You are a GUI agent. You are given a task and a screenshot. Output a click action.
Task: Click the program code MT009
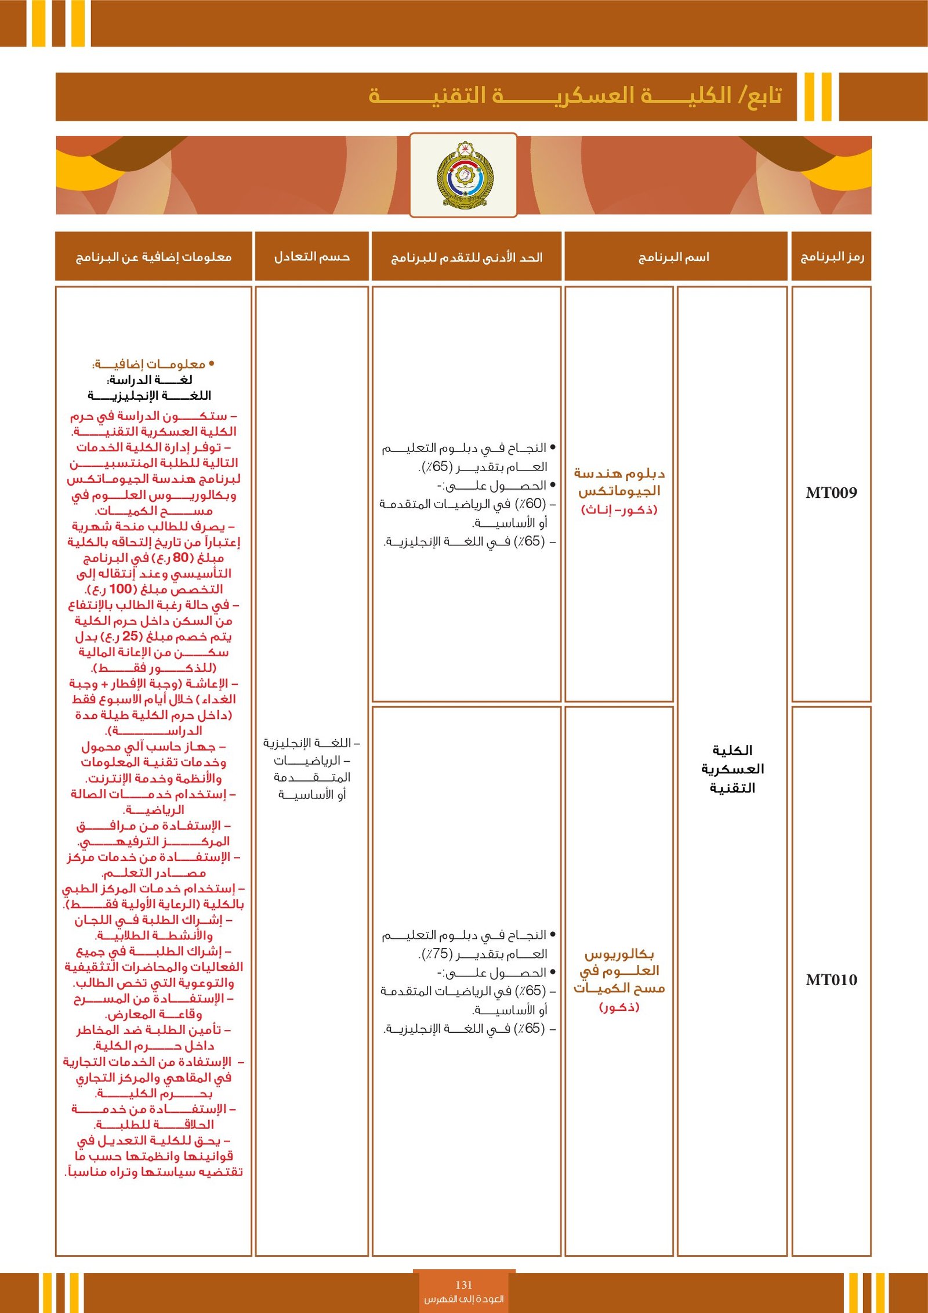[831, 493]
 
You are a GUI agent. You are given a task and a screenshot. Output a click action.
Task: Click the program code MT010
[831, 980]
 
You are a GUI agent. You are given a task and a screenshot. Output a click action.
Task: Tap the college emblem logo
[463, 175]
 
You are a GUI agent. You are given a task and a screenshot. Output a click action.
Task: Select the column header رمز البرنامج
[832, 257]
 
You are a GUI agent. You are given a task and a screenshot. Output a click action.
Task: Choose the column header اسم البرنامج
[674, 257]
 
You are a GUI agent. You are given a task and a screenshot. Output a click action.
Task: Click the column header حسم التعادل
[312, 256]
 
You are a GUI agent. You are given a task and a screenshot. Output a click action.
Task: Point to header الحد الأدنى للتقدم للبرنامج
[467, 257]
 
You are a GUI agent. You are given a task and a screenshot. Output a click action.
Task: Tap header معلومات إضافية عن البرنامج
[154, 257]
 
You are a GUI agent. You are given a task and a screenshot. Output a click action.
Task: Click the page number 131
[463, 1285]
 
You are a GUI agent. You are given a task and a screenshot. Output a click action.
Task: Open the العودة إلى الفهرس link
[463, 1299]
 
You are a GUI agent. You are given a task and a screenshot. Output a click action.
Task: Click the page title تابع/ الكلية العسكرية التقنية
[574, 96]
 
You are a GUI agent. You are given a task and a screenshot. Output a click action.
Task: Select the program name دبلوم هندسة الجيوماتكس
[619, 482]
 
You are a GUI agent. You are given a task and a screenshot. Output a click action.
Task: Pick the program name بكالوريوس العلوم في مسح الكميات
[619, 971]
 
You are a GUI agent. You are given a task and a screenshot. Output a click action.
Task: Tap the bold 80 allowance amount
[181, 558]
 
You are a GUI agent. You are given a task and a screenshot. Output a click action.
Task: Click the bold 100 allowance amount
[121, 589]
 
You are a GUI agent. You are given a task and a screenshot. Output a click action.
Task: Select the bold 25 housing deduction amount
[130, 636]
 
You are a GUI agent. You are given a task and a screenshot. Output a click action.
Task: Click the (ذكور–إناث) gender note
[619, 510]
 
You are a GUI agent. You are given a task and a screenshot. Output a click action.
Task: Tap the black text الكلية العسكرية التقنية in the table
[732, 769]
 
